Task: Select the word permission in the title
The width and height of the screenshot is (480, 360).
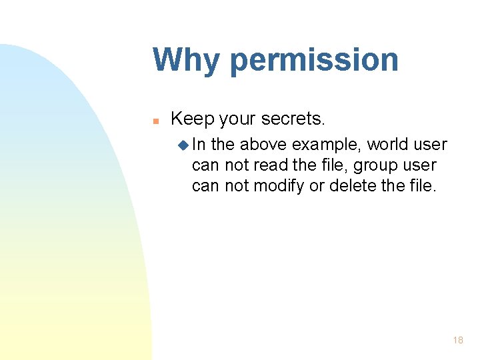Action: coord(313,60)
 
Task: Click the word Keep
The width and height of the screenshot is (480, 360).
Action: coord(191,119)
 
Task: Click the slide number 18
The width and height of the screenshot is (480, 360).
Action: coord(457,340)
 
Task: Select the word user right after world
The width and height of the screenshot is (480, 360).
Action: coord(430,145)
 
